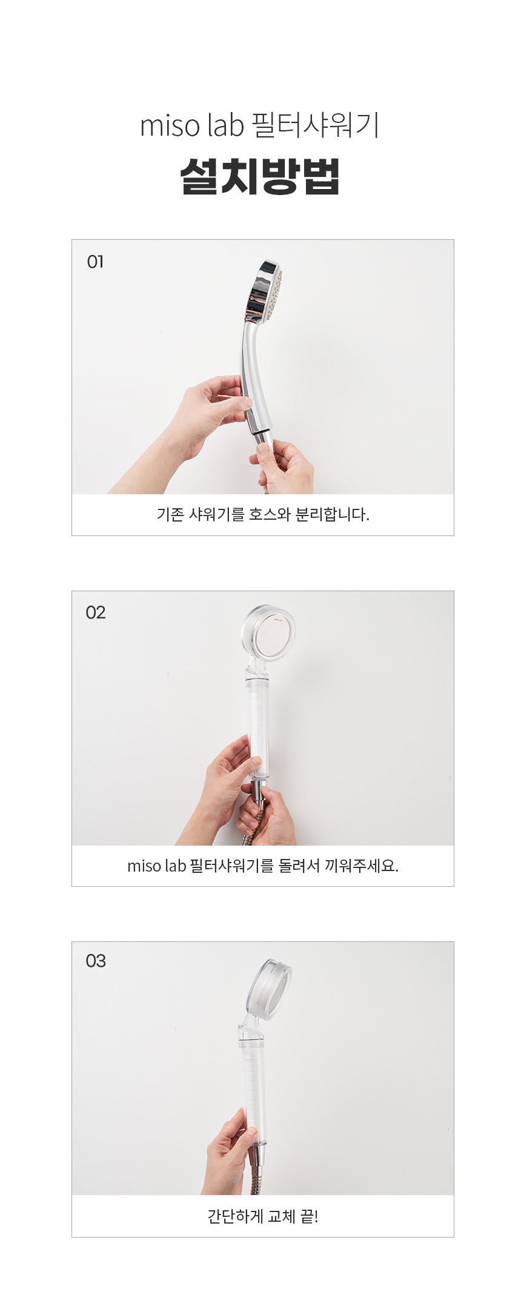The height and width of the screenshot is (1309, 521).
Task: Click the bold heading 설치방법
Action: coord(260,176)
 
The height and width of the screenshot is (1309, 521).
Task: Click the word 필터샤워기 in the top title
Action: coord(315,125)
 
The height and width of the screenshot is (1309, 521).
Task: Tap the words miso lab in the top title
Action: coord(191,126)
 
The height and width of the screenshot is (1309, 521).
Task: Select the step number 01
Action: coord(96,262)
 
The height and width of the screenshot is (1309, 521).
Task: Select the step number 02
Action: coord(96,612)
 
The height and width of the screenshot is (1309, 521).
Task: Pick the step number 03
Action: coord(96,961)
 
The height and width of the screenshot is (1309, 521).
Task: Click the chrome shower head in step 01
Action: coord(264,291)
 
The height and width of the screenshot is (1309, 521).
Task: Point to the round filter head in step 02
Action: coord(268,633)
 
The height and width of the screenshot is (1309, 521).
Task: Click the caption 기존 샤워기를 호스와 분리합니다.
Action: coord(263,514)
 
